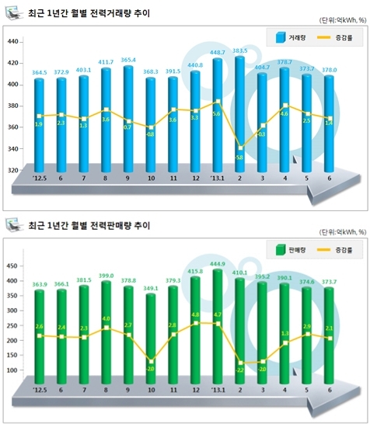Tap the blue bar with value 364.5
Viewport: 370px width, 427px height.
[39, 124]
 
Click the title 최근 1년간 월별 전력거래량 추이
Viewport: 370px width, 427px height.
[89, 14]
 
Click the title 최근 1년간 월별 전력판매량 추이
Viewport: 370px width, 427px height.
[89, 227]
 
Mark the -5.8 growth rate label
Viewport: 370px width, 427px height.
[239, 158]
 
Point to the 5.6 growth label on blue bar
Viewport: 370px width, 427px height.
[217, 113]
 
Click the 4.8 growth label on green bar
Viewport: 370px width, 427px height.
[195, 315]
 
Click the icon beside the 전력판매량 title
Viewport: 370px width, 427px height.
[12, 226]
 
